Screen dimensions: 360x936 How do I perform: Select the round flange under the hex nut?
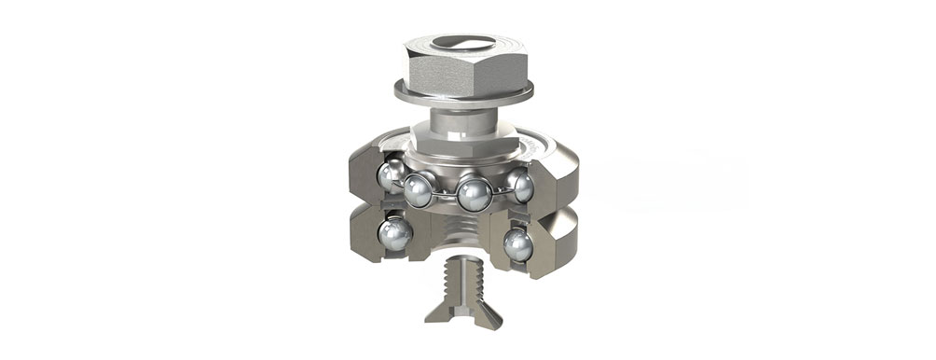coord(463,94)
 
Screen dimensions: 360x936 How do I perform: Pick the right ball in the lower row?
coord(517,244)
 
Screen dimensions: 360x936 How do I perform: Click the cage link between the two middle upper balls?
coord(447,193)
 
